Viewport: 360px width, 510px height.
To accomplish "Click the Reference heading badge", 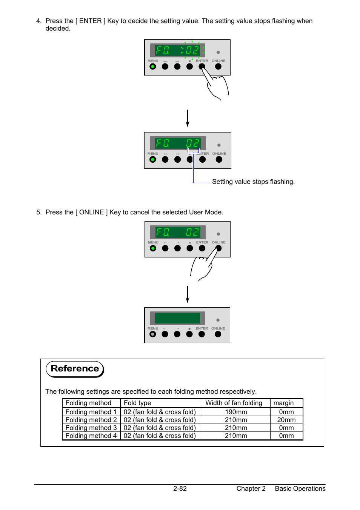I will (75, 369).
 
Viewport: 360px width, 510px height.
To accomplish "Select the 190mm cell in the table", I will (236, 412).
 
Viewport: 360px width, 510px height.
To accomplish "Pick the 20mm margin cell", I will (286, 420).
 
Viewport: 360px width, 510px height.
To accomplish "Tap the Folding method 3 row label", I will (91, 428).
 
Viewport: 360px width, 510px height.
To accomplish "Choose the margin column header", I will (283, 403).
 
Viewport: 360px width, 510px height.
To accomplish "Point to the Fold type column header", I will (137, 403).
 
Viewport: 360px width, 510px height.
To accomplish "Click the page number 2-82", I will (180, 488).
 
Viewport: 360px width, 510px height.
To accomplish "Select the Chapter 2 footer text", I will (251, 488).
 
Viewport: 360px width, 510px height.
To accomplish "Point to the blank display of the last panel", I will (177, 318).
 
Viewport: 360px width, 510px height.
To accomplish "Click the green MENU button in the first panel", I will (152, 66).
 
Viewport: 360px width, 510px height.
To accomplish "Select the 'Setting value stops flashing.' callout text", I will (253, 182).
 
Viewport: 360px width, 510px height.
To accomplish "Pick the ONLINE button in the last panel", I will (218, 334).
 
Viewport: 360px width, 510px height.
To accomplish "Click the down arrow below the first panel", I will (187, 118).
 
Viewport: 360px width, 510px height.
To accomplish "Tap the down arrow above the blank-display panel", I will (187, 294).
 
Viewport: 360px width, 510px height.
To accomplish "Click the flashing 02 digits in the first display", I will (192, 50).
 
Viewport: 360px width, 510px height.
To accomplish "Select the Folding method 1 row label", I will (91, 412).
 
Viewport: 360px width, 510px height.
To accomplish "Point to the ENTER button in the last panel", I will (202, 334).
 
